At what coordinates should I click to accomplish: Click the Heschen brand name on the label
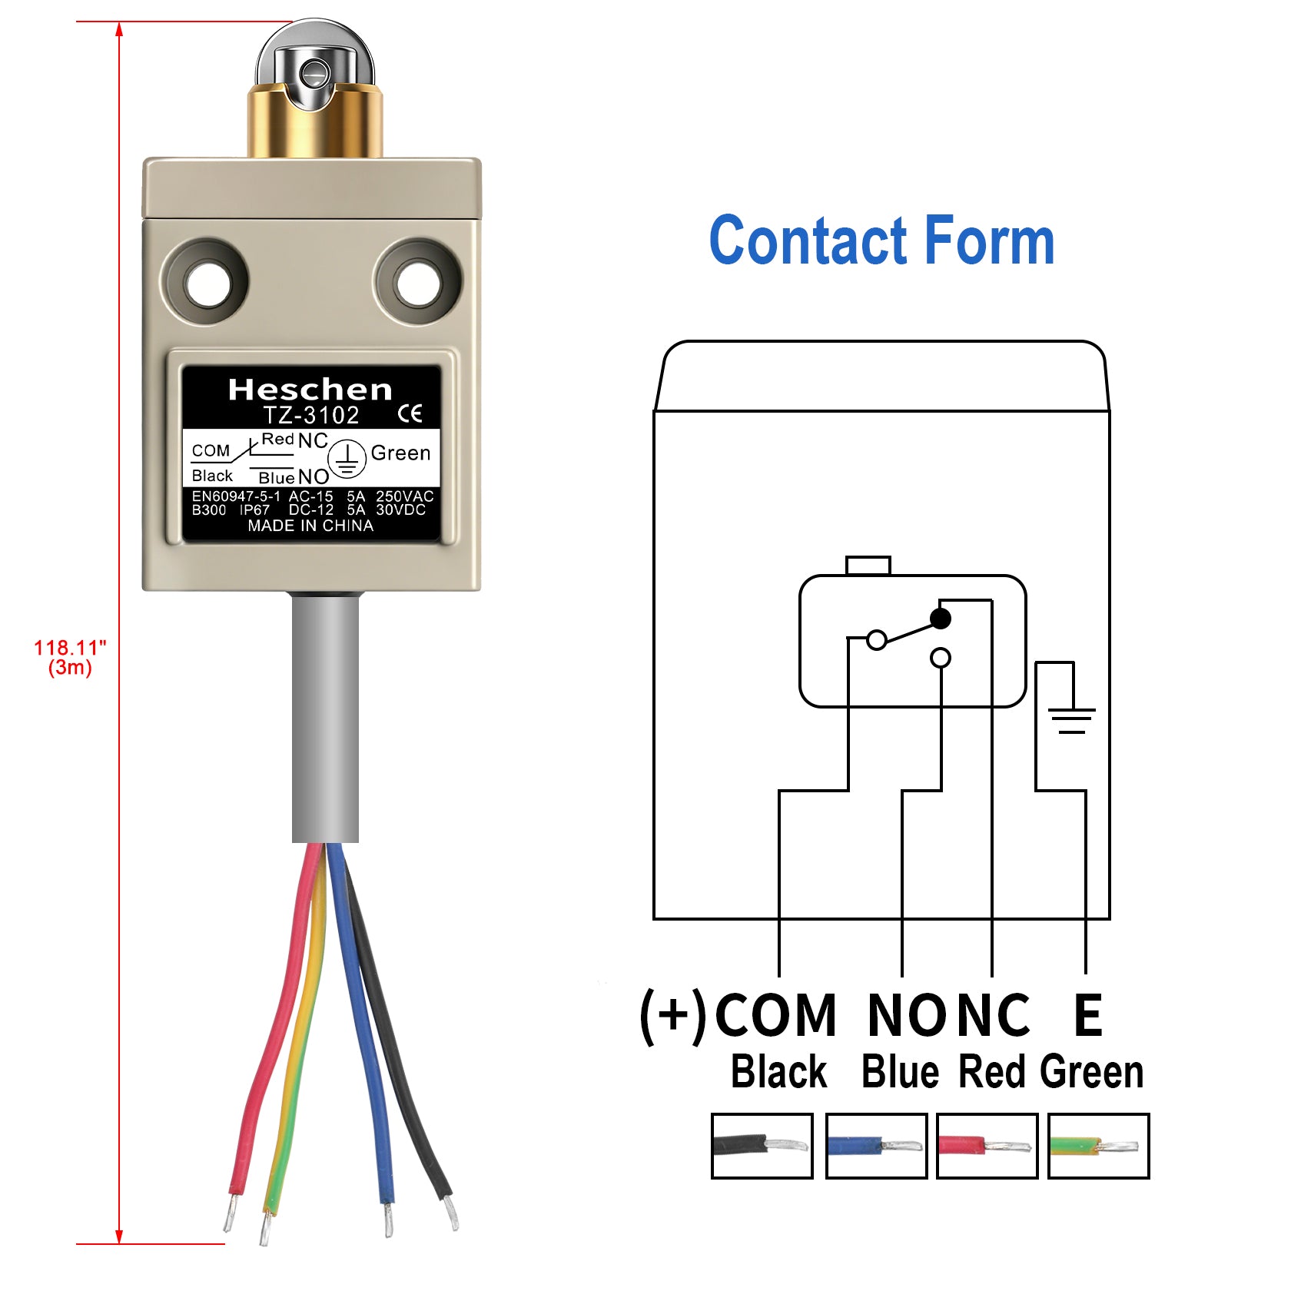tap(310, 390)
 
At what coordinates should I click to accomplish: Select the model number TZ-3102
tap(311, 416)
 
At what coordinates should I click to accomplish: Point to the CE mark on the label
tap(410, 415)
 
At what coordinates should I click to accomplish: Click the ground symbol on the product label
tap(347, 460)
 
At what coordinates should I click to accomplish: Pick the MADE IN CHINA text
tap(310, 526)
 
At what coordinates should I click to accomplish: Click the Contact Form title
tap(881, 241)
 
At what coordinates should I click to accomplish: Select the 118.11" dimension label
tap(70, 649)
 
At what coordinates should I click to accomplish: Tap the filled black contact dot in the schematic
tap(940, 619)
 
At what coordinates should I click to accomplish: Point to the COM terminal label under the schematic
tap(775, 1016)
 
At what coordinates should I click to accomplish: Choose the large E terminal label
tap(1087, 1016)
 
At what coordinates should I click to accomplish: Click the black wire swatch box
tap(762, 1145)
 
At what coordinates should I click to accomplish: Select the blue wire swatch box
tap(876, 1145)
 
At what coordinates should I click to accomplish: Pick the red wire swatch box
tap(987, 1145)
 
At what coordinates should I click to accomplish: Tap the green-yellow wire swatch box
tap(1098, 1145)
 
